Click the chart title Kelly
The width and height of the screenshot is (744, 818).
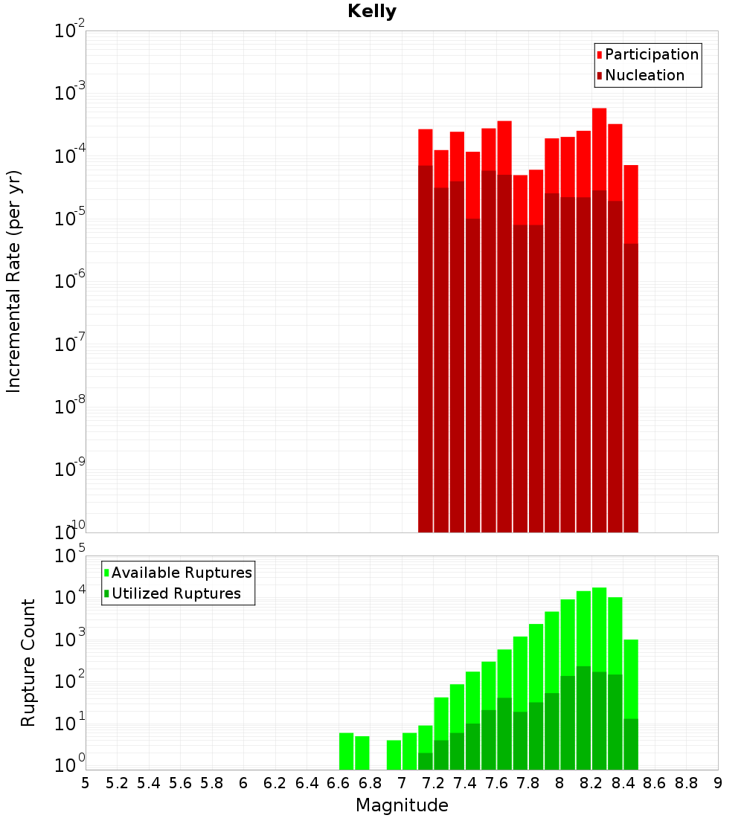click(372, 12)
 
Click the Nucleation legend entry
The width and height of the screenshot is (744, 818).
click(644, 75)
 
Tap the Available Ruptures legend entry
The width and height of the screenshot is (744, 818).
click(181, 573)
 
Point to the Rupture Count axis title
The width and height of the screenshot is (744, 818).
click(28, 663)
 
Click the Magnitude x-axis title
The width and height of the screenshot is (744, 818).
click(402, 805)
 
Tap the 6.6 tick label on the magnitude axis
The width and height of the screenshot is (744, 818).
click(339, 783)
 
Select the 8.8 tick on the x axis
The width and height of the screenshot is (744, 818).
click(686, 783)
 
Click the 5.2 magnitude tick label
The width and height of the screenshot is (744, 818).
click(117, 783)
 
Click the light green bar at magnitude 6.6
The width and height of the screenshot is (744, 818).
click(346, 751)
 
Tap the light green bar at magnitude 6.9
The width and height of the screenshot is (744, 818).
click(394, 755)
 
